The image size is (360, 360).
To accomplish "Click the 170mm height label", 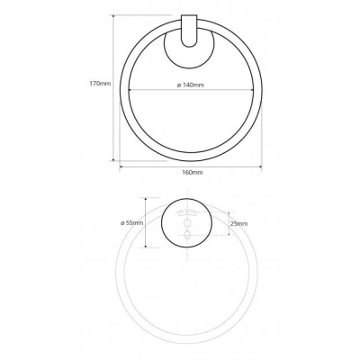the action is (x=100, y=84).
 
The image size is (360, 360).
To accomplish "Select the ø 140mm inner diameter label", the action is (x=191, y=85).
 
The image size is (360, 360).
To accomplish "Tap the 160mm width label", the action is (x=193, y=172).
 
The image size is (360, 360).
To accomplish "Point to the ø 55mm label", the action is (x=131, y=223).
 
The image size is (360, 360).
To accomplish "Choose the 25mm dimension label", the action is (x=238, y=223).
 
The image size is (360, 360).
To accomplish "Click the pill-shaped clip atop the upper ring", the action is (x=190, y=31).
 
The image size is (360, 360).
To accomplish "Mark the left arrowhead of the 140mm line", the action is (x=130, y=89).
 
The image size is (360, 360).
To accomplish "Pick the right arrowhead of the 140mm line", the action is (x=251, y=89).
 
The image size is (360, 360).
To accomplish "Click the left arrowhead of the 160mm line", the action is (x=121, y=166).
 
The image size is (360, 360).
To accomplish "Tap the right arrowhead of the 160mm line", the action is (x=260, y=166).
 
